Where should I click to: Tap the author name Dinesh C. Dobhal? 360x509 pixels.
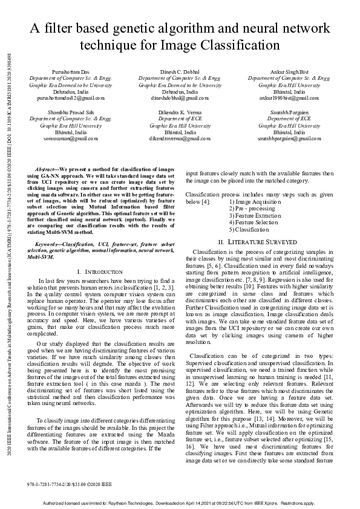click(180, 72)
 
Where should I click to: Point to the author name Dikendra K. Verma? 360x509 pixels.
click(180, 112)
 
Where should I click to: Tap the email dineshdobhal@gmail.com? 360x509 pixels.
click(180, 97)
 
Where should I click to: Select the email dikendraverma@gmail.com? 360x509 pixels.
click(180, 138)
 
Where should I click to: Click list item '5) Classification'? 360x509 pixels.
click(249, 230)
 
